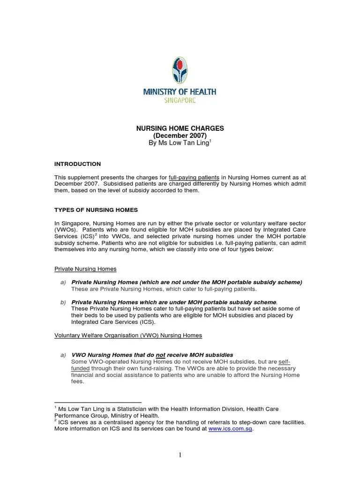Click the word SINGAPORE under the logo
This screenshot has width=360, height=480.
pyautogui.click(x=180, y=100)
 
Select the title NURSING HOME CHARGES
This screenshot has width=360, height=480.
pyautogui.click(x=180, y=128)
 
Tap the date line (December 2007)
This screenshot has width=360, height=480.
pyautogui.click(x=180, y=135)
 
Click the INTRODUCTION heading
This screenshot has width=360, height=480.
pyautogui.click(x=77, y=164)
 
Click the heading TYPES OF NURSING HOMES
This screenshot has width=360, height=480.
pyautogui.click(x=96, y=210)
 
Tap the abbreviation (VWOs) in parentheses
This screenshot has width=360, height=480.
pyautogui.click(x=67, y=230)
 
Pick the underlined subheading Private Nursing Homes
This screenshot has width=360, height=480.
pyautogui.click(x=85, y=269)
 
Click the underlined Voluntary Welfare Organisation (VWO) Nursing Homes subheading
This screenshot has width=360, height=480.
pyautogui.click(x=128, y=336)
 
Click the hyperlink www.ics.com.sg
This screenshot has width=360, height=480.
pyautogui.click(x=230, y=428)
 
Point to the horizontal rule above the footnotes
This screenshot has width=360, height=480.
pyautogui.click(x=98, y=402)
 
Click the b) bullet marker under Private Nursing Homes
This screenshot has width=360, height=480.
pyautogui.click(x=63, y=302)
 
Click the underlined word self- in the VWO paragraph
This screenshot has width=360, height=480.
pyautogui.click(x=284, y=362)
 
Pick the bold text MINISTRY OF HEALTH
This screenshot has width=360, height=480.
pyautogui.click(x=180, y=92)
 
